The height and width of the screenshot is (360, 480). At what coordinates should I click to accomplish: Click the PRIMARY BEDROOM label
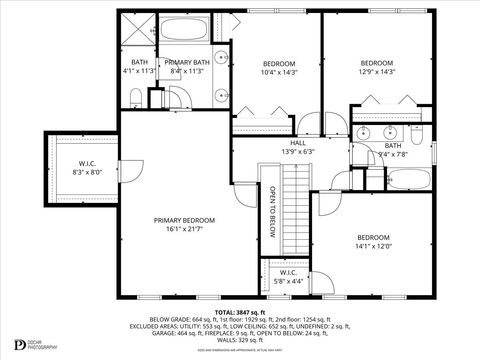184,220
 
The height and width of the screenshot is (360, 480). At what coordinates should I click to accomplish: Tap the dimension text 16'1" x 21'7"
184,229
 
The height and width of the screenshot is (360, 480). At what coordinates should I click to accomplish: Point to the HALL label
298,144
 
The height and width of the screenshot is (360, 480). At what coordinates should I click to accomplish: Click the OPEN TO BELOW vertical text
270,211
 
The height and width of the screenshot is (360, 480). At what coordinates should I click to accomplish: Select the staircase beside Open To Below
293,210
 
